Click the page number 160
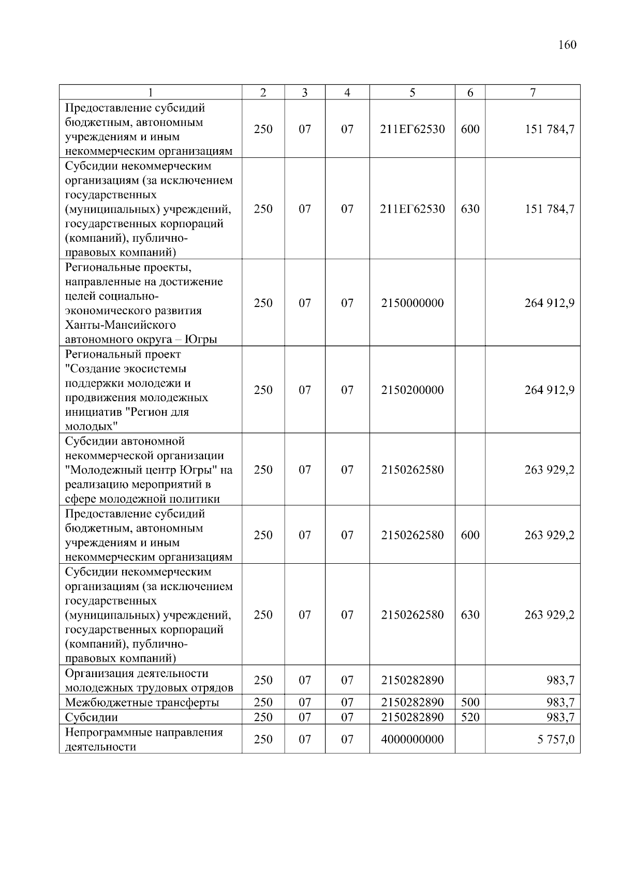[x=567, y=45]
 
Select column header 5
[x=412, y=93]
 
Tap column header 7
[x=533, y=93]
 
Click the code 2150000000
[x=412, y=303]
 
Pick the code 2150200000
[x=412, y=390]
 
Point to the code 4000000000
[x=412, y=739]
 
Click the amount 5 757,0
[x=555, y=739]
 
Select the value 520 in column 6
[x=470, y=717]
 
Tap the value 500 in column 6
[x=470, y=702]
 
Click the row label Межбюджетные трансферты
[x=142, y=702]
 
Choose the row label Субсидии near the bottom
[x=91, y=717]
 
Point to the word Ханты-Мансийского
[x=120, y=325]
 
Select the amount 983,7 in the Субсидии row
[x=560, y=717]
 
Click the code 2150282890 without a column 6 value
[x=412, y=680]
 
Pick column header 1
[x=150, y=93]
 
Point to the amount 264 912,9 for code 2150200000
[x=549, y=390]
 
